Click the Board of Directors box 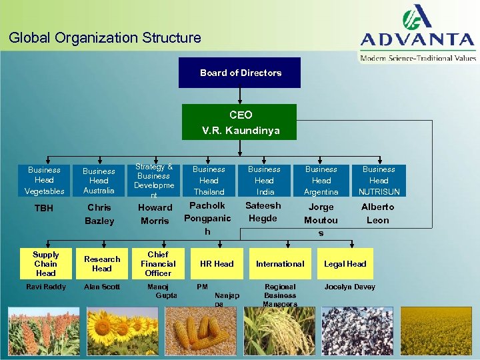pos(239,73)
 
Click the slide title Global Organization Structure pos(105,38)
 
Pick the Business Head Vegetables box pos(44,181)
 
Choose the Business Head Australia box pos(99,181)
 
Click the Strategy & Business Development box pos(154,181)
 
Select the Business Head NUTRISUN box pos(378,181)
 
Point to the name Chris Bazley pos(99,214)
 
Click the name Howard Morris pos(155,214)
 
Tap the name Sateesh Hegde pos(263,212)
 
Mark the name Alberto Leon pos(377,213)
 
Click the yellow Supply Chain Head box pos(45,264)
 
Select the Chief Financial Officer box pos(158,264)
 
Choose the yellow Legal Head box pos(345,264)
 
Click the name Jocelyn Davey pos(349,287)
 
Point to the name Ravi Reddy pos(45,287)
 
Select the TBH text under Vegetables pos(43,209)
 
